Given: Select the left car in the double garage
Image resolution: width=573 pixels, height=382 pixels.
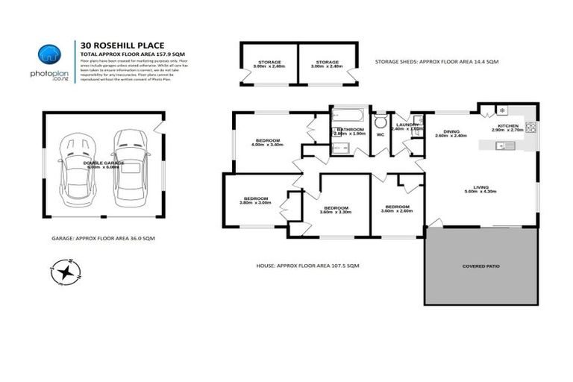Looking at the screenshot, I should [x=77, y=167].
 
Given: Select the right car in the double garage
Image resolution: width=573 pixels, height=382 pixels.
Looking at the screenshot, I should [x=128, y=165].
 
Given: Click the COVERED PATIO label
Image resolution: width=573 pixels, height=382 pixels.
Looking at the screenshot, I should [x=480, y=265].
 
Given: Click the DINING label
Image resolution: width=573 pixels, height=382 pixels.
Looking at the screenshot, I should [x=451, y=132].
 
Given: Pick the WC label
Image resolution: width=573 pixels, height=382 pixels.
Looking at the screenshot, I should [x=380, y=135].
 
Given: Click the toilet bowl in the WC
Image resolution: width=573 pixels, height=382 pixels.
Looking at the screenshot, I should [x=380, y=122].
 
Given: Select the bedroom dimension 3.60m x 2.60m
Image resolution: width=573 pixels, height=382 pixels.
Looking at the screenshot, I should [x=396, y=210].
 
